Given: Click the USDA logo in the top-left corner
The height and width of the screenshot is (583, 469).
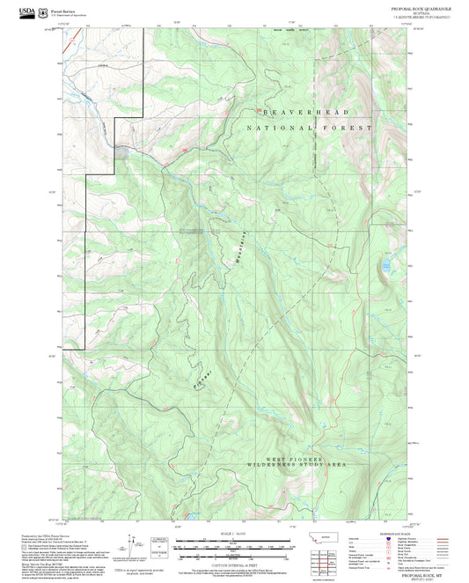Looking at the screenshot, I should tap(29, 12).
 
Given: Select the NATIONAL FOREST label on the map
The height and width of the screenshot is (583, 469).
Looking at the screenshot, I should tap(310, 129).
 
